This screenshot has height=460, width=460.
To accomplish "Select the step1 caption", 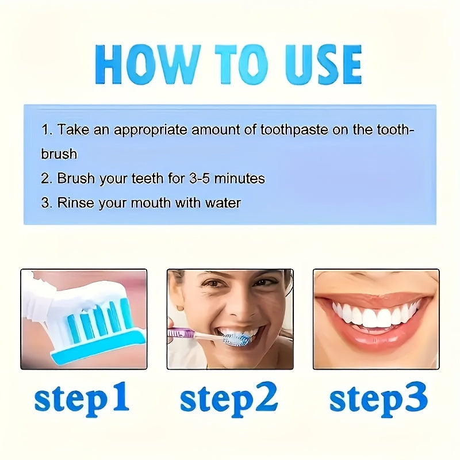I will [82, 398].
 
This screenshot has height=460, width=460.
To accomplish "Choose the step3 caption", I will [378, 398].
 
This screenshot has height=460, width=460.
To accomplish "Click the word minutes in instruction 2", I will [240, 179].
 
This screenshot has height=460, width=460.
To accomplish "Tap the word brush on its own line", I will [59, 154].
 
